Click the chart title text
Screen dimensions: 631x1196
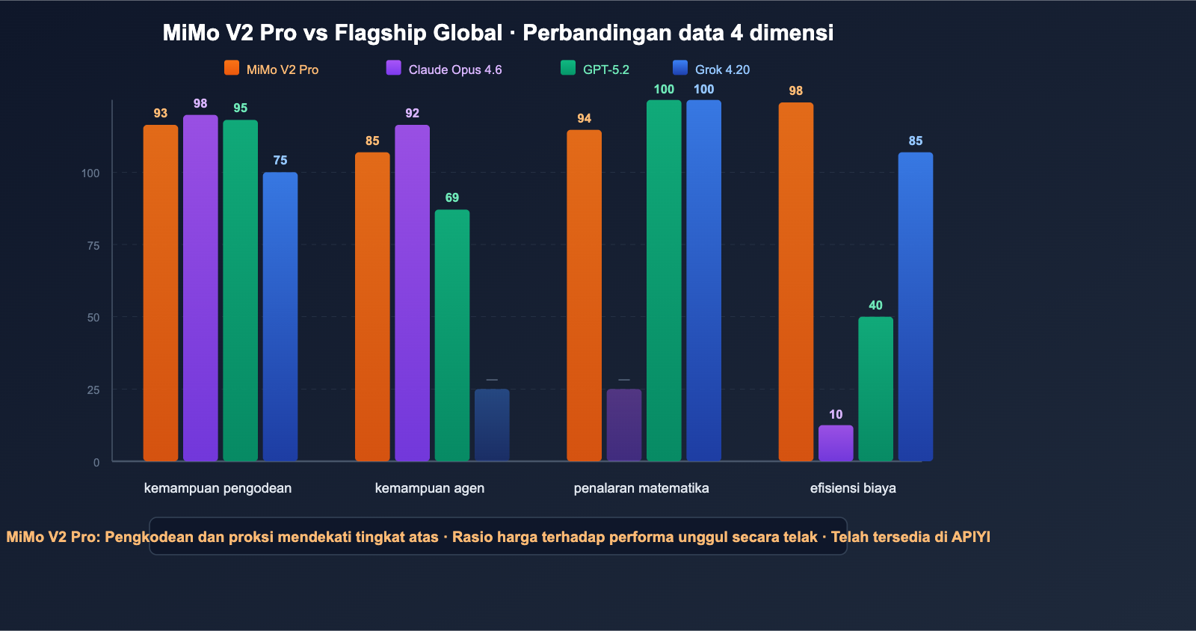(x=498, y=33)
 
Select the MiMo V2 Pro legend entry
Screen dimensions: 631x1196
(x=272, y=69)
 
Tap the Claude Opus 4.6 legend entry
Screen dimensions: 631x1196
(x=444, y=69)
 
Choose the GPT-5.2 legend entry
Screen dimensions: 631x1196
(x=595, y=69)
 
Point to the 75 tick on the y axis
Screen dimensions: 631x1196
(x=93, y=245)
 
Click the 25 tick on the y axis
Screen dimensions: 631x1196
(x=93, y=390)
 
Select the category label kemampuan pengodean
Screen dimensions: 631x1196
(x=218, y=488)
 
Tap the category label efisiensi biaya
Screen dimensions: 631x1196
(x=853, y=488)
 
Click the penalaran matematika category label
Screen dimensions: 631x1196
(x=641, y=488)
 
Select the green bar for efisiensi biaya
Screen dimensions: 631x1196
(x=875, y=389)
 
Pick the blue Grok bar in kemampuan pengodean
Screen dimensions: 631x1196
(x=280, y=316)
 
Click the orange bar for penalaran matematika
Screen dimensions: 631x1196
(x=584, y=295)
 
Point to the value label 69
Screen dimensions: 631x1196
(x=452, y=197)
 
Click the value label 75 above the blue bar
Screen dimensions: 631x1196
(x=280, y=160)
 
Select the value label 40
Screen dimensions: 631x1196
(x=875, y=305)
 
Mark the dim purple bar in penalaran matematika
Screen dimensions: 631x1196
(x=624, y=425)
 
